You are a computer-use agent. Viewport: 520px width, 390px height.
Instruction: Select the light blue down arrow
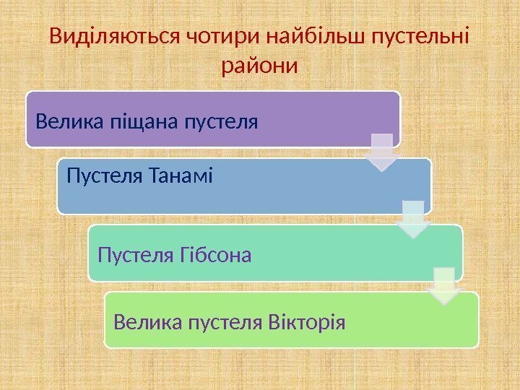(412, 218)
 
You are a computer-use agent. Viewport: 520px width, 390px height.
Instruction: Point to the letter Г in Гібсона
(181, 254)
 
